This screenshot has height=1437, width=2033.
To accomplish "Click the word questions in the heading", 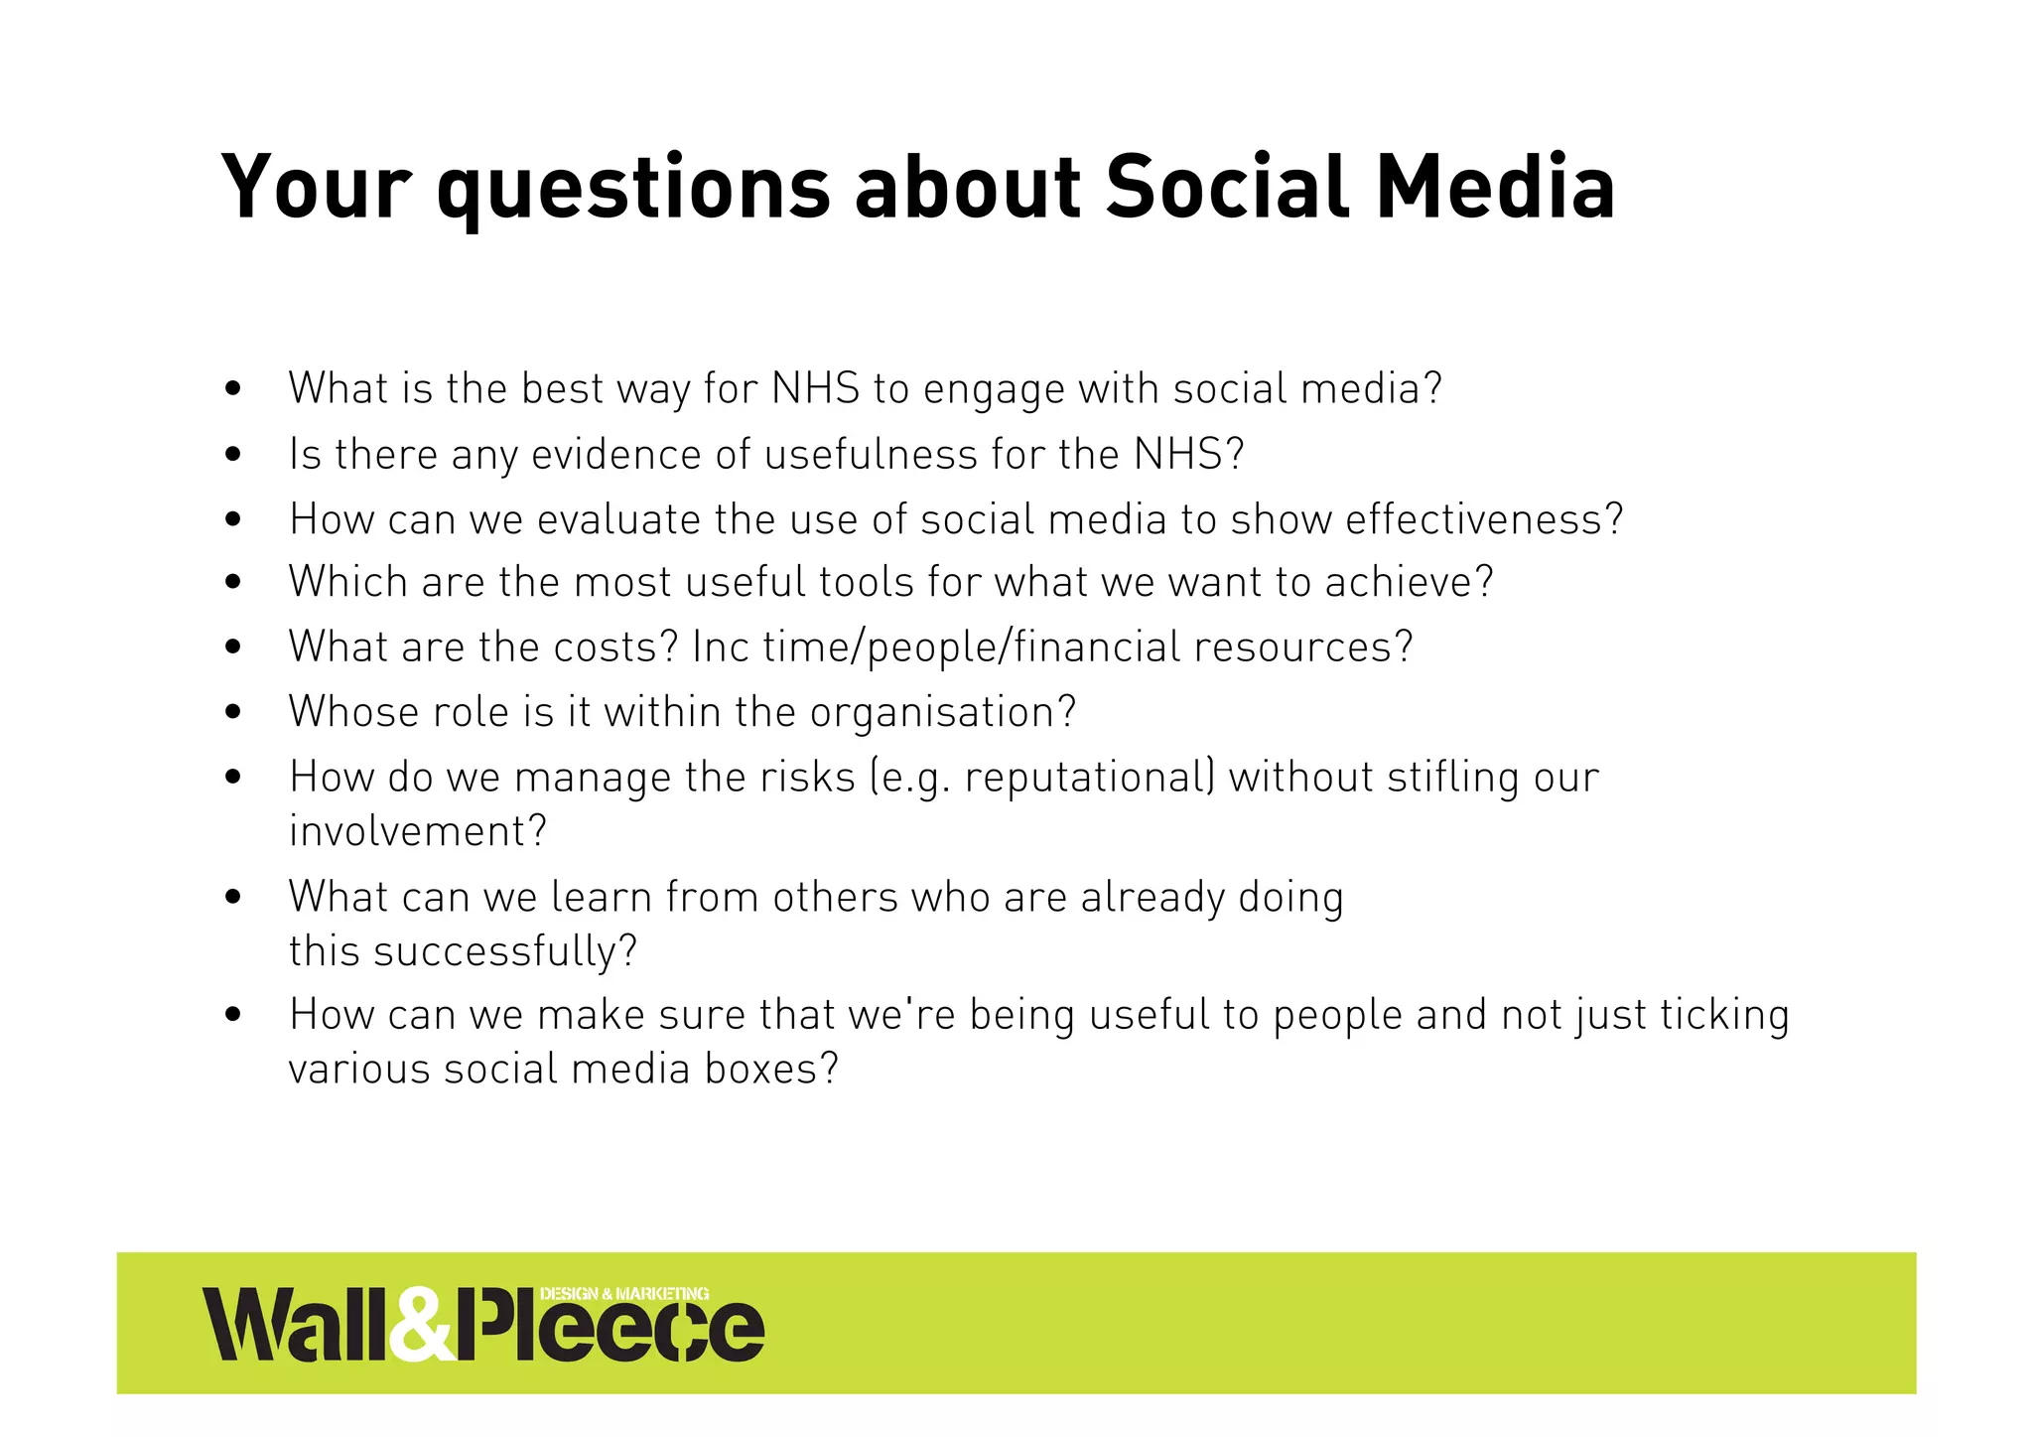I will point(632,189).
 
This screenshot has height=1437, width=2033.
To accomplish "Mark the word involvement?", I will point(417,831).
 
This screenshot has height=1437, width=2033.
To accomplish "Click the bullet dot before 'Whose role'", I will point(233,712).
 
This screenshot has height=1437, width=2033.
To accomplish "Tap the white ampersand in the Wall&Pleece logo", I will point(421,1326).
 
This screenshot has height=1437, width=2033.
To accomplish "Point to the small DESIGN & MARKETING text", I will point(624,1293).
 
